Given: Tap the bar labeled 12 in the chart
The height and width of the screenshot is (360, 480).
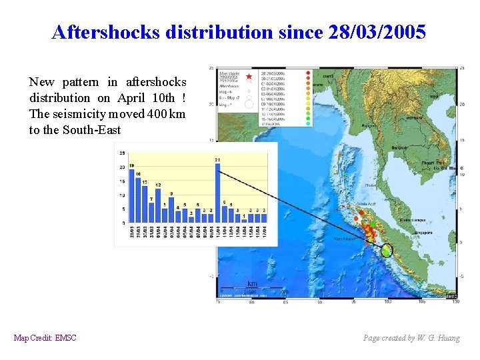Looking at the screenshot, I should tap(158, 203).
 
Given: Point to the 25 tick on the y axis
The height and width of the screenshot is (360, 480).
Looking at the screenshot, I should tap(122, 153).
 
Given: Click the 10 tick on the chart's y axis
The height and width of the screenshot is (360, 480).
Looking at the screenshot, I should tap(122, 195).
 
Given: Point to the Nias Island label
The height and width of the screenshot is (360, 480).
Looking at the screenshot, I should tap(345, 238).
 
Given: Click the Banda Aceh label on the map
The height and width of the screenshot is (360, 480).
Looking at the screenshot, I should tap(367, 204).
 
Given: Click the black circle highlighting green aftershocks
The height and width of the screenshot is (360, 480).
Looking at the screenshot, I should tap(387, 251).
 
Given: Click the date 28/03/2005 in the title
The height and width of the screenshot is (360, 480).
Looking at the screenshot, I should tap(377, 32).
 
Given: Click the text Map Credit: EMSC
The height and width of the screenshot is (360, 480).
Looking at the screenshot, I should tap(45, 338).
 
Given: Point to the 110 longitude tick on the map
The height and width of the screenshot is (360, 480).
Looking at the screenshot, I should tap(455, 301).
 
